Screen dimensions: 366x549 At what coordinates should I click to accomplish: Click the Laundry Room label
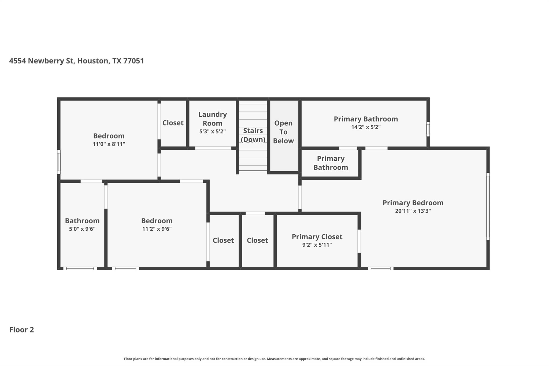(212, 119)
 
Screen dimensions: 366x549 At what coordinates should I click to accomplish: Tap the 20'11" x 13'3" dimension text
(413, 211)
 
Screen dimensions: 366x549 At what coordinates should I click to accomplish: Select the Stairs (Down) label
(253, 135)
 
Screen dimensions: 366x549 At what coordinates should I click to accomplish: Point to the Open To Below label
(283, 132)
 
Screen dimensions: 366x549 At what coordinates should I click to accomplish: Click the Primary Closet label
(317, 237)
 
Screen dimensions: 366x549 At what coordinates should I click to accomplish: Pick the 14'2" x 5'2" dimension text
(366, 127)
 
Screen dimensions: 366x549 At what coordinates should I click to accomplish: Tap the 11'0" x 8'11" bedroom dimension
(109, 144)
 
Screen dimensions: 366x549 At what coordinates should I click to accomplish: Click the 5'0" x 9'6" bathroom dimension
(82, 229)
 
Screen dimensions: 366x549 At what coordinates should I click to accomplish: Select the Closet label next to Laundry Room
(173, 123)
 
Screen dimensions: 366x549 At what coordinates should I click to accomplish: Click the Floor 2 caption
(21, 330)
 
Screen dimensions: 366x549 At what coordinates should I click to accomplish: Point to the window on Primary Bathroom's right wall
(428, 129)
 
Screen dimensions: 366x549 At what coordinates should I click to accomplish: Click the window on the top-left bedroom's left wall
(59, 162)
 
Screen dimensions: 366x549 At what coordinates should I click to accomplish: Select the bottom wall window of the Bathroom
(80, 268)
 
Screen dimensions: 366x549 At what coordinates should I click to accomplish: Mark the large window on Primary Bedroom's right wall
(488, 206)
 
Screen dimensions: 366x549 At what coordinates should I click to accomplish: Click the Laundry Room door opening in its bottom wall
(213, 148)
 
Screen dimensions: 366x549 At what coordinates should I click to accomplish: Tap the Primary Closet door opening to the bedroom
(359, 241)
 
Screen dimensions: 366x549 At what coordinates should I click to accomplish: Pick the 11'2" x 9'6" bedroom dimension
(157, 229)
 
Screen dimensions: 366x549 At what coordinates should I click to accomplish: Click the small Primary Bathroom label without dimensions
(331, 163)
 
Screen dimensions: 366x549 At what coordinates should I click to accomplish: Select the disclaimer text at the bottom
(274, 359)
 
